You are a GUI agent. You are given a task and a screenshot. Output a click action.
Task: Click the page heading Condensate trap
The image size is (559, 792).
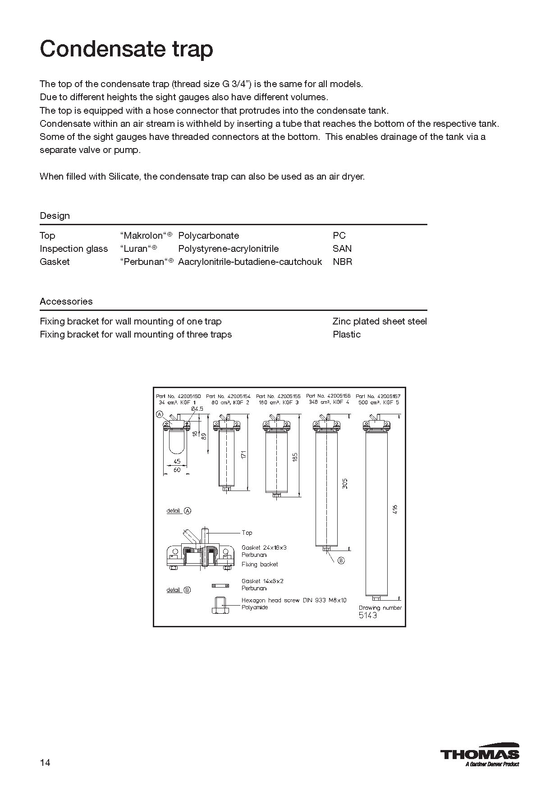[126, 49]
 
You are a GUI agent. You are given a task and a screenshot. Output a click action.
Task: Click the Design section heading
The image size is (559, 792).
[55, 216]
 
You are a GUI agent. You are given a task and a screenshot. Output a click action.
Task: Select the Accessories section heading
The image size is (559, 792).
[66, 301]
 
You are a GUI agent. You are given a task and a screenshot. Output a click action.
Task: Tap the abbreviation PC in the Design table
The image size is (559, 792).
[339, 236]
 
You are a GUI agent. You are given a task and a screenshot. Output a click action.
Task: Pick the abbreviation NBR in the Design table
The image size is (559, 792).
[342, 262]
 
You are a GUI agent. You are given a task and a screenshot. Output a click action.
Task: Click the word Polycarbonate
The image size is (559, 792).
[208, 236]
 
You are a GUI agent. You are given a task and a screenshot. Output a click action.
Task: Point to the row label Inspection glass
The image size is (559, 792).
[73, 249]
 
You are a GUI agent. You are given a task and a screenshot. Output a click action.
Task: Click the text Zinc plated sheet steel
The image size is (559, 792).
[379, 321]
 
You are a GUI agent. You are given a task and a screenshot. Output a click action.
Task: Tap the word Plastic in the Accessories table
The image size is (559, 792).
[346, 334]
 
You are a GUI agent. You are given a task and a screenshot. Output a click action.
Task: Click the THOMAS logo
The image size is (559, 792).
[479, 754]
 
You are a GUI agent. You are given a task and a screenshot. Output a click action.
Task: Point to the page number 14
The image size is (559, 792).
[45, 763]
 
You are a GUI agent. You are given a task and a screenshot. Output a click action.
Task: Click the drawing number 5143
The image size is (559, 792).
[367, 616]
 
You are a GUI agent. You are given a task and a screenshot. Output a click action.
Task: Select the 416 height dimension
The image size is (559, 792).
[395, 509]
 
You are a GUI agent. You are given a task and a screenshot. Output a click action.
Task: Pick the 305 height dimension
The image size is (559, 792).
[345, 483]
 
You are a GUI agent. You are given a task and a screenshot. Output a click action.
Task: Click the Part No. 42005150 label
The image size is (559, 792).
[178, 396]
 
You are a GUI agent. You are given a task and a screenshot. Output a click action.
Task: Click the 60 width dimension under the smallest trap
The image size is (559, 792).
[177, 470]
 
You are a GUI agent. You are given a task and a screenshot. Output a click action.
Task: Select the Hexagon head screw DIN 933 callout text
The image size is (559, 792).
[294, 600]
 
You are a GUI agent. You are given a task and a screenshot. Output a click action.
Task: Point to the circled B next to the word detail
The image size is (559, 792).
[187, 590]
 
